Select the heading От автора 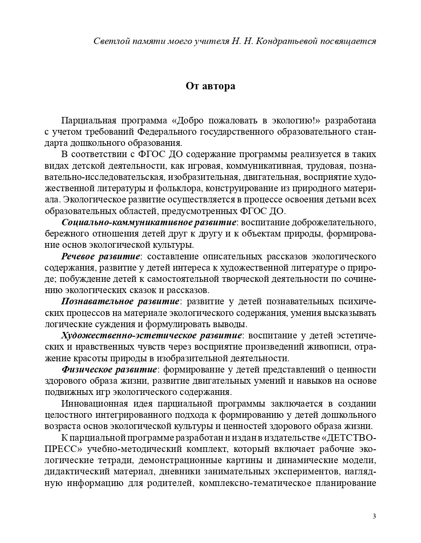tap(210, 86)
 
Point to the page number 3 tap(374, 516)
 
